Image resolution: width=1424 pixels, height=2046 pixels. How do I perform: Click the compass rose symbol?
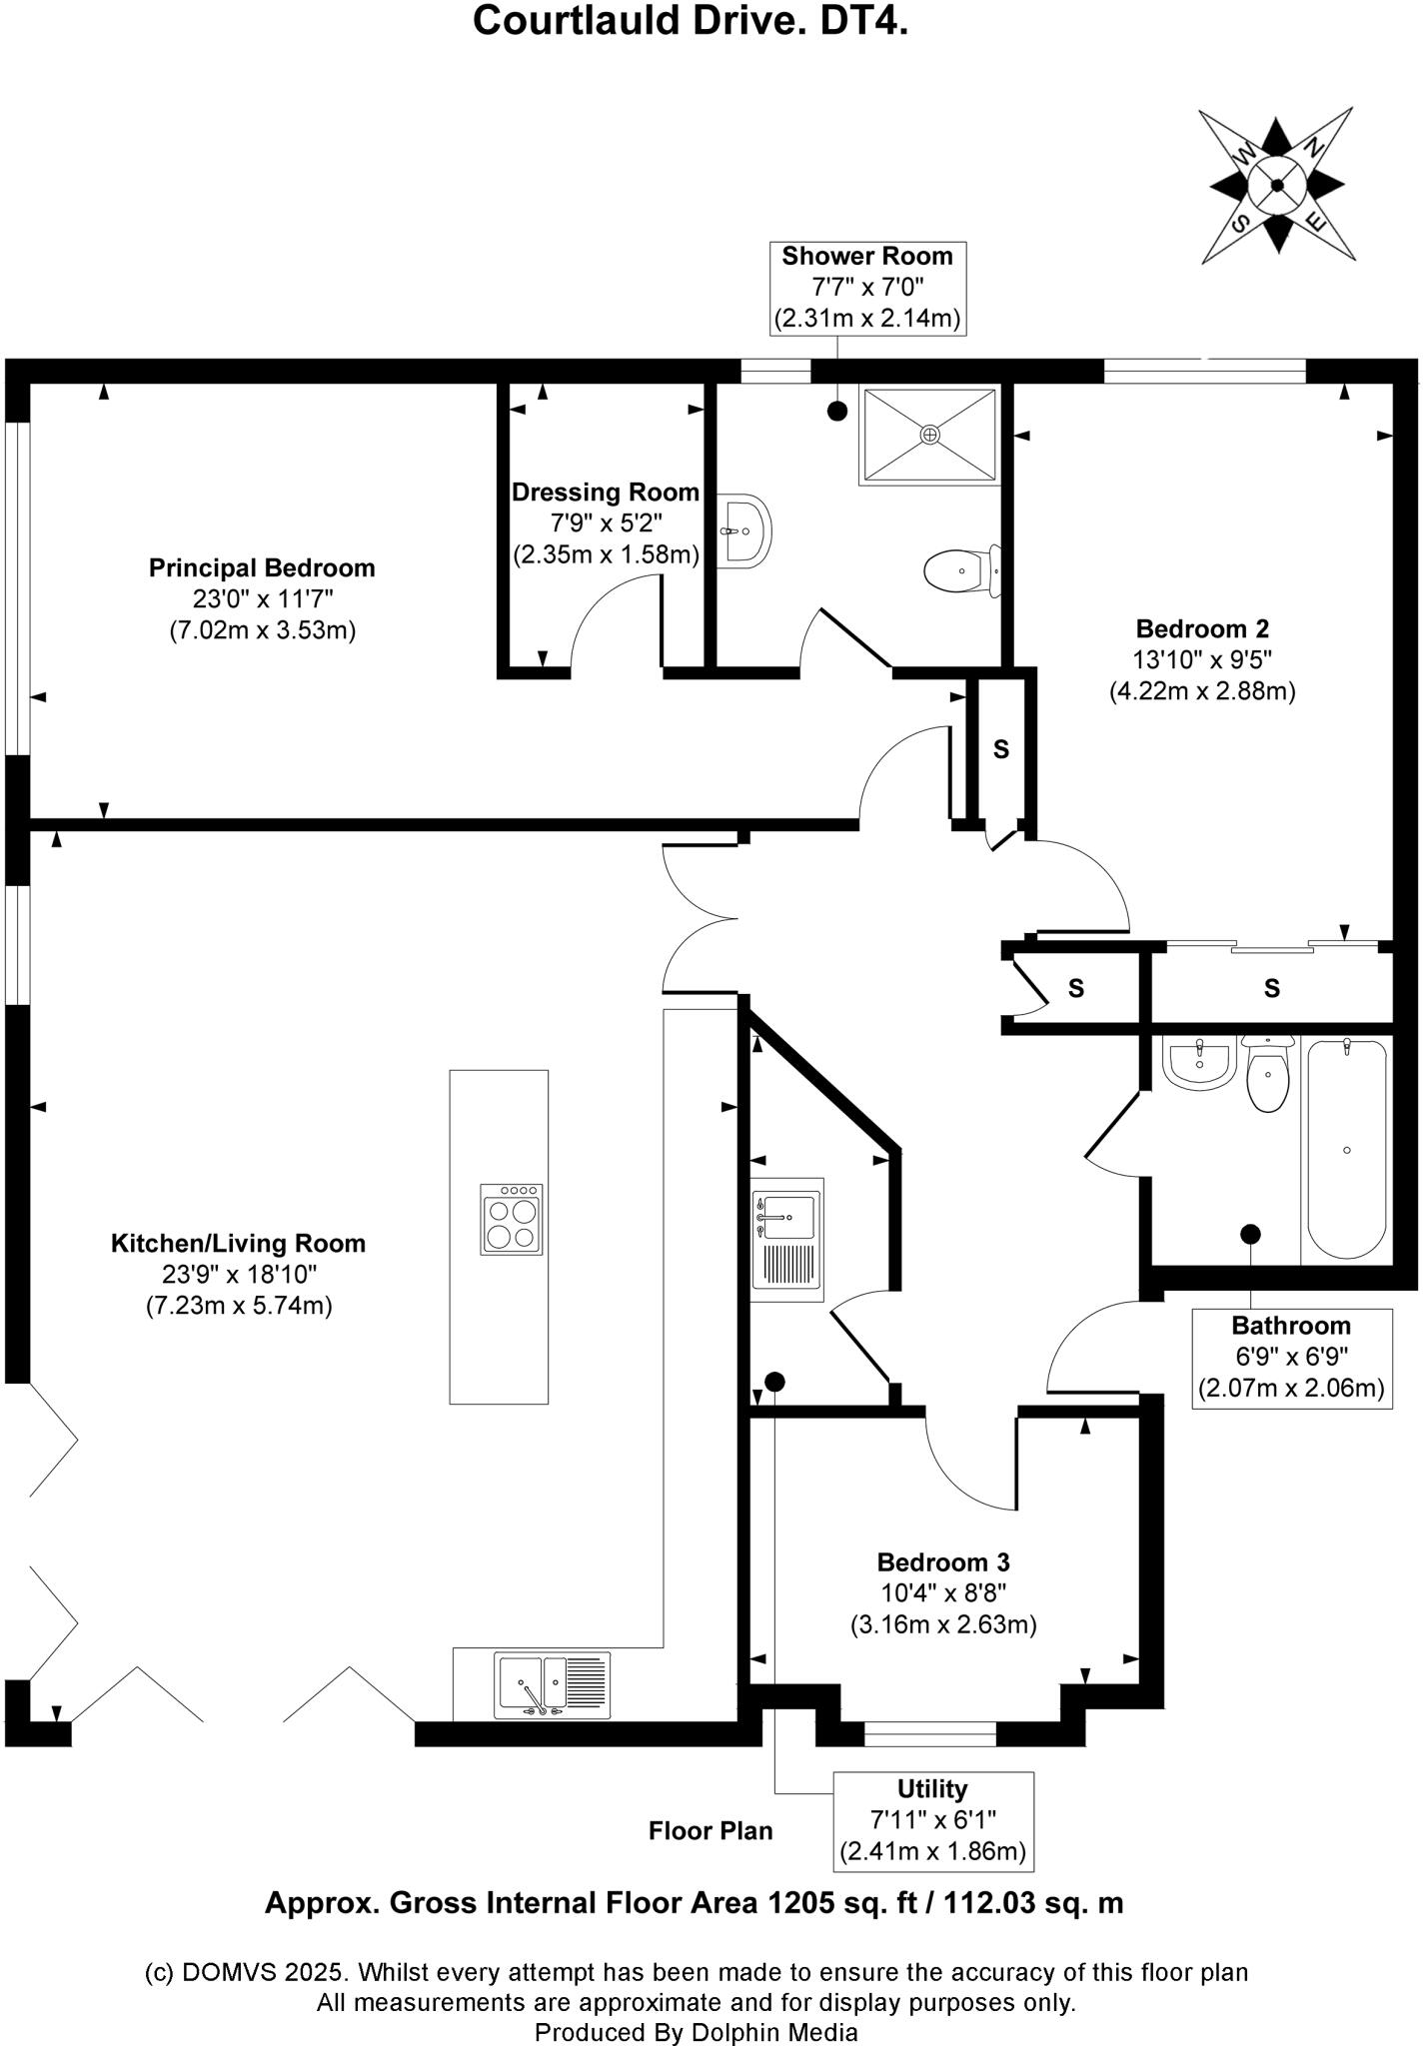[1277, 185]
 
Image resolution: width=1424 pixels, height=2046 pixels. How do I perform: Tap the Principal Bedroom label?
[262, 568]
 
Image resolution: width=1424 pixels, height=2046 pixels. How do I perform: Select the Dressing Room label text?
[606, 493]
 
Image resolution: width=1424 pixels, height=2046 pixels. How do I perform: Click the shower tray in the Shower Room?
[929, 436]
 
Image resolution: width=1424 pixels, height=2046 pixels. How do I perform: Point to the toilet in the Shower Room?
[961, 571]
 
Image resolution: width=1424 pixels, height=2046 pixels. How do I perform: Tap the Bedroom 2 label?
[1202, 629]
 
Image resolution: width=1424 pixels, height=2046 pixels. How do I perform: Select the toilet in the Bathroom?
[1267, 1074]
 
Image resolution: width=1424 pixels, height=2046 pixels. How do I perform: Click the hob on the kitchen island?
[512, 1220]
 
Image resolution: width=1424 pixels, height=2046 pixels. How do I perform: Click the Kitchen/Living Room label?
[238, 1244]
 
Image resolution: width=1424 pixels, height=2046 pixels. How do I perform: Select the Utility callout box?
[932, 1821]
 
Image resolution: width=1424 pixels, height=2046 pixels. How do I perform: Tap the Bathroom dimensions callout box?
[1291, 1358]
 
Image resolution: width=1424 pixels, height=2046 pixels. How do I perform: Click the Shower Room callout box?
[867, 288]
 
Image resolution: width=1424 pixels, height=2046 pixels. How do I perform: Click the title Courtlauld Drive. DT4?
[690, 20]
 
